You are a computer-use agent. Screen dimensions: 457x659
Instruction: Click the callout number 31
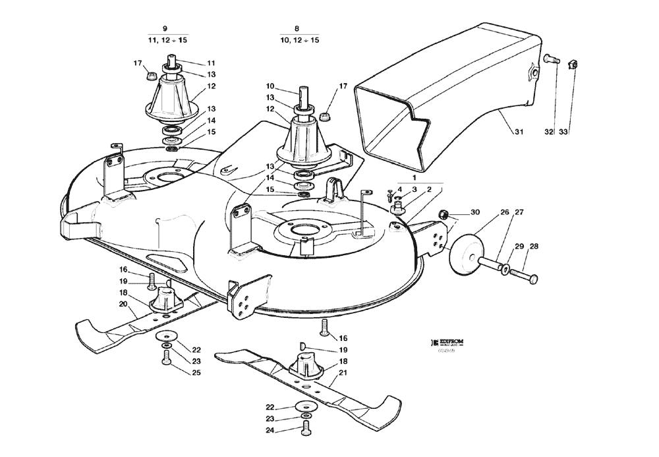[x=519, y=133]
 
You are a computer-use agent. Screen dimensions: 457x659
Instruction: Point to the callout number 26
[x=504, y=212]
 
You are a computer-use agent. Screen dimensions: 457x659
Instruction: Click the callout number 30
[x=474, y=212]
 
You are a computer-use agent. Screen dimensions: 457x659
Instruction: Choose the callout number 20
[x=123, y=304]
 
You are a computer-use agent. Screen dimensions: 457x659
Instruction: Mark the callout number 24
[x=270, y=431]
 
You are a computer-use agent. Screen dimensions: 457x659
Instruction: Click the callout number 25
[x=196, y=373]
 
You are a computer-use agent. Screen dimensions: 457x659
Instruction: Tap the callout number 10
[x=270, y=86]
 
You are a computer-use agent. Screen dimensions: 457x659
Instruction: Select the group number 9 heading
[x=165, y=28]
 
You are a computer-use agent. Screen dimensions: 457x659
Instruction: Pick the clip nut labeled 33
[x=573, y=65]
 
